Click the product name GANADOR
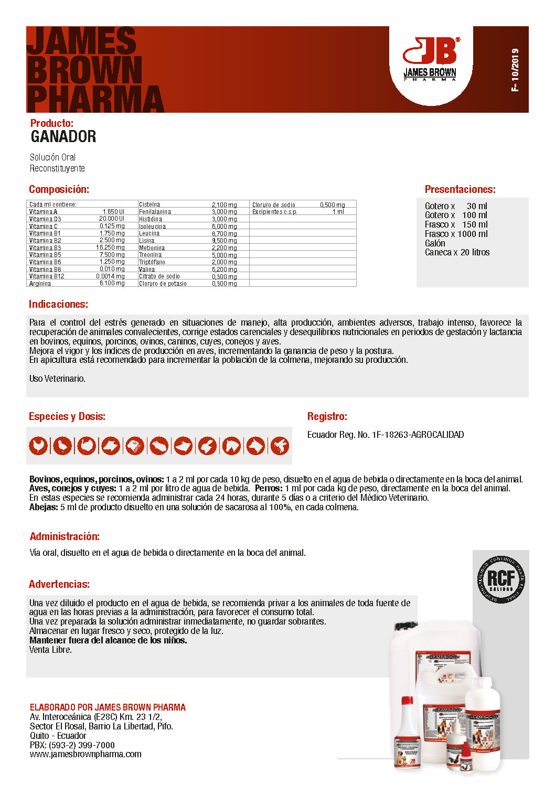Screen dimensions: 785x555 (63, 137)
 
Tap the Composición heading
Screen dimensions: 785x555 (59, 189)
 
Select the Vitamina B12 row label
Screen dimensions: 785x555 (47, 276)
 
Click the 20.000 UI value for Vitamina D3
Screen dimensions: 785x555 (112, 219)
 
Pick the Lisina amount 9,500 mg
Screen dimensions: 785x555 (224, 241)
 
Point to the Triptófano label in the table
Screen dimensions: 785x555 (152, 262)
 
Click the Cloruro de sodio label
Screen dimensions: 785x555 (274, 205)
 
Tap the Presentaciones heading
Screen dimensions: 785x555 (460, 189)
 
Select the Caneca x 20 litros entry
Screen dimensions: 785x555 (457, 252)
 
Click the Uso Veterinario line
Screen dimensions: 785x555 (57, 379)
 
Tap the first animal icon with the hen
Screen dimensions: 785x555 (38, 446)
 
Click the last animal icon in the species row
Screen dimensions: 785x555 (280, 446)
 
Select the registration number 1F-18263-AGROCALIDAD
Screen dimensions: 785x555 (418, 435)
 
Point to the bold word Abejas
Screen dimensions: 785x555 (44, 507)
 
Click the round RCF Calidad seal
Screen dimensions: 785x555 (501, 579)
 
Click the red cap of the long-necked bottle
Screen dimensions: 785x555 (407, 700)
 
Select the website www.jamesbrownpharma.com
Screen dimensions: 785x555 (86, 754)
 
